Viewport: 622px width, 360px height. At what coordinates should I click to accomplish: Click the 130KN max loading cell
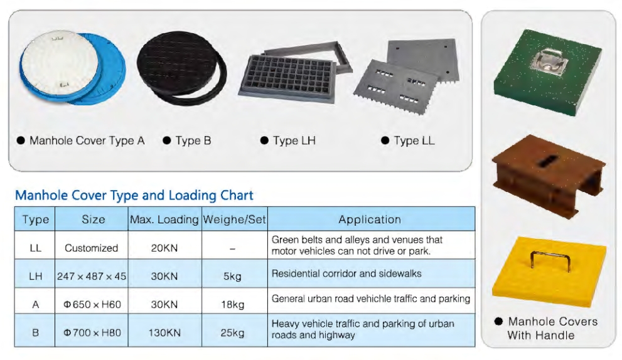coord(165,333)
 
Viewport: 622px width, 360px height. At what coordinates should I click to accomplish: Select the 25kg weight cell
coord(232,333)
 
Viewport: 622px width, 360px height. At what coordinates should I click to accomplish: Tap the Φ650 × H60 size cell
coord(92,305)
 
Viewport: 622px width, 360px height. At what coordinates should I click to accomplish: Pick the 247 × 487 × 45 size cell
coord(92,275)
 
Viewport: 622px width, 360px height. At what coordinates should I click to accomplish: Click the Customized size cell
coord(92,248)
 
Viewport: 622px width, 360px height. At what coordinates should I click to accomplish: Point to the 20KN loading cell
coord(165,248)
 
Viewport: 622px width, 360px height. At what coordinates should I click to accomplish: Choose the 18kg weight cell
coord(232,305)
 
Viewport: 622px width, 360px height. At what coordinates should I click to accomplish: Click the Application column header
coord(370,220)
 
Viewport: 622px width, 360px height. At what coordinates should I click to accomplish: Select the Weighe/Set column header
coord(234,220)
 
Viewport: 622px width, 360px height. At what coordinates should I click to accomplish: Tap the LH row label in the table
coord(35,275)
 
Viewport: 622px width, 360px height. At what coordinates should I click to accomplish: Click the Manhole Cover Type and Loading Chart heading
coord(134,195)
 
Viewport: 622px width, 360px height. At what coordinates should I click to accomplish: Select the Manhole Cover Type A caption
coord(87,140)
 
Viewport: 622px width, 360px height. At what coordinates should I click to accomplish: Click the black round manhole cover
coord(176,66)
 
